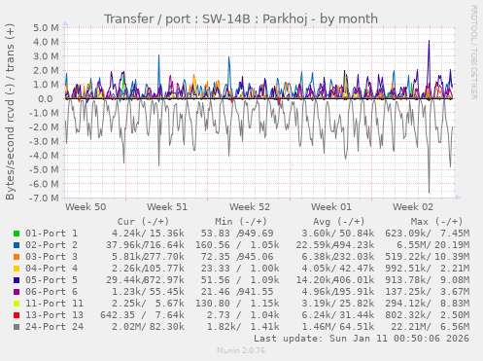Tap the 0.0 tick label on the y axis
(51, 99)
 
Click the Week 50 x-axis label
(86, 207)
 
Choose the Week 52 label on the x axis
(250, 207)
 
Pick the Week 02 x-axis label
(413, 207)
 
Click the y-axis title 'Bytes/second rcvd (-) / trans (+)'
(11, 112)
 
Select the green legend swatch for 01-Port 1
(17, 234)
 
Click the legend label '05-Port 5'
(52, 280)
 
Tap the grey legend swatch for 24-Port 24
(17, 327)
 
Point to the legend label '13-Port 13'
(54, 315)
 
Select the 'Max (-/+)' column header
(421, 221)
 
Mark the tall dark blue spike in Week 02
(429, 44)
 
